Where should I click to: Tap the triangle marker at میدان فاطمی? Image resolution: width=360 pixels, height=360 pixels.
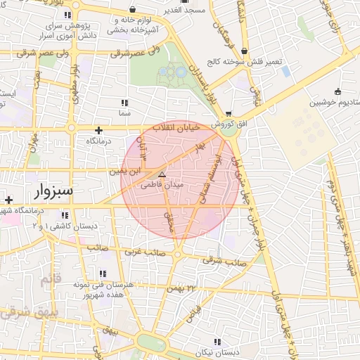[x=162, y=174]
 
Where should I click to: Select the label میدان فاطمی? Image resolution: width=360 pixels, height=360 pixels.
[x=162, y=184]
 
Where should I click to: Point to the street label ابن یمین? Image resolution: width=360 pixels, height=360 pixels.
[x=125, y=170]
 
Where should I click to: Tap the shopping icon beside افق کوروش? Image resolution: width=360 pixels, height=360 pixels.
[x=229, y=114]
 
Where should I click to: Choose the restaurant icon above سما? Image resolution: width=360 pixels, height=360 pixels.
[x=125, y=103]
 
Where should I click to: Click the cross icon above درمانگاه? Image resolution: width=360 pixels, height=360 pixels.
[x=98, y=130]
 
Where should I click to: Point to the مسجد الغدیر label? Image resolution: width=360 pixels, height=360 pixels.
[x=185, y=11]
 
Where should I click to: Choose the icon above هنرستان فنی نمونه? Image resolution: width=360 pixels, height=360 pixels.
[x=103, y=274]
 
